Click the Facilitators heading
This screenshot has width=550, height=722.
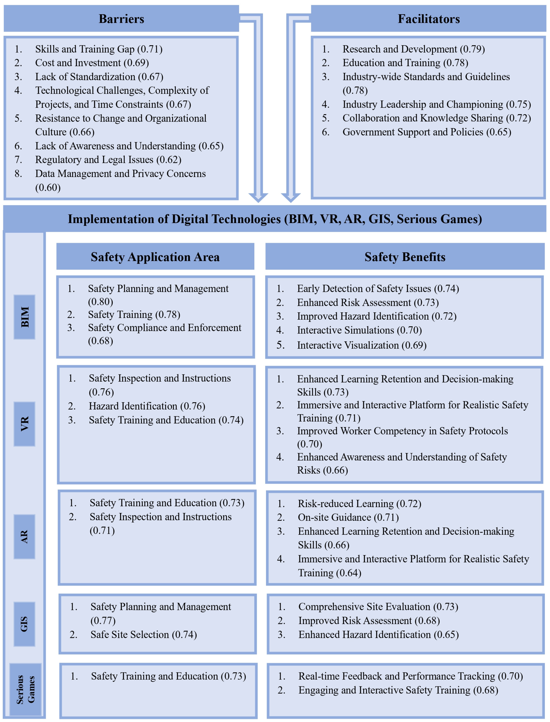[428, 19]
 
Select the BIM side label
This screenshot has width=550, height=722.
[25, 317]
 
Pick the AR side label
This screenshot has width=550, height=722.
[25, 537]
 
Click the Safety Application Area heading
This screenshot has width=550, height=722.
[155, 257]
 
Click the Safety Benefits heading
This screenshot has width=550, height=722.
[405, 257]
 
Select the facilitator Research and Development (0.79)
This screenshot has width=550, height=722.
[413, 49]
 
